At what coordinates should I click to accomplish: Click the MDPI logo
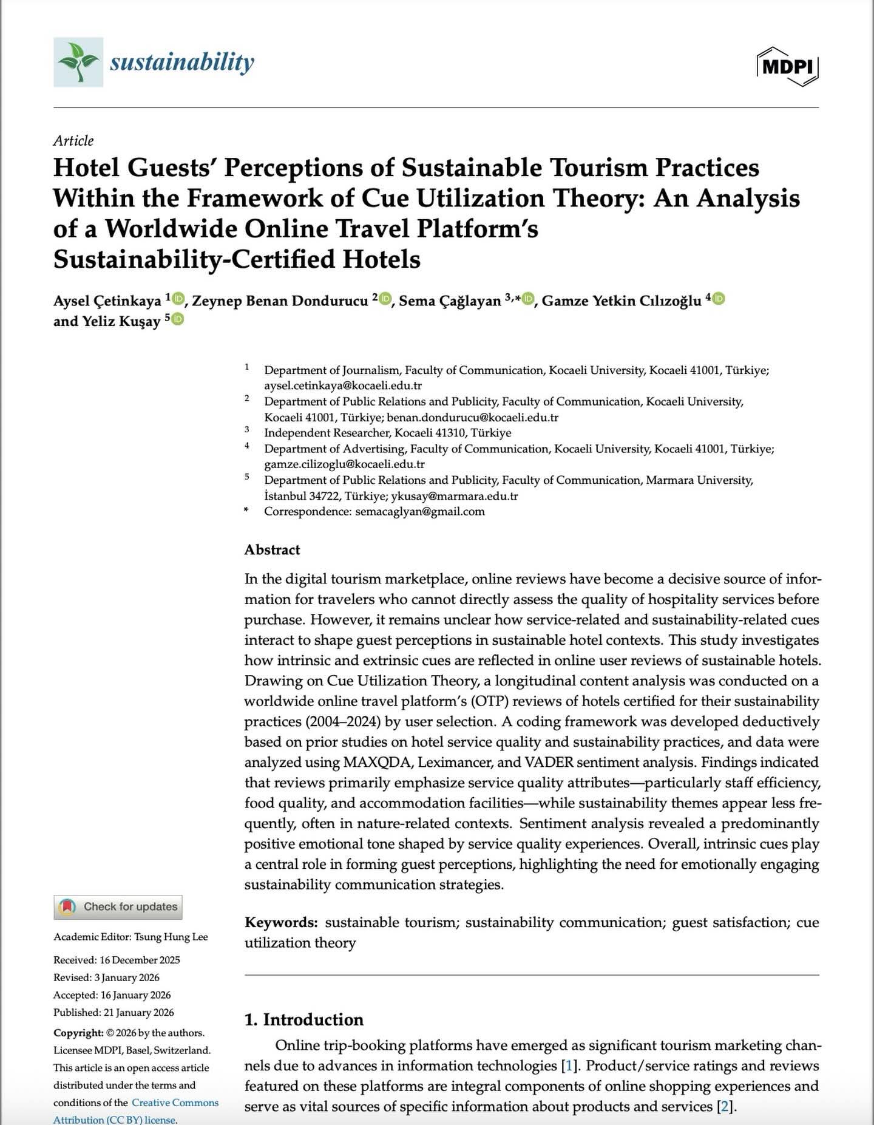787,66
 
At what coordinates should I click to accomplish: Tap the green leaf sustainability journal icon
78,62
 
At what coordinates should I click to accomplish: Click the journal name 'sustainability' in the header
181,62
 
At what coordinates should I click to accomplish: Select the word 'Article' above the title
73,141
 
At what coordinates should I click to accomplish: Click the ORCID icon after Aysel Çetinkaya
178,298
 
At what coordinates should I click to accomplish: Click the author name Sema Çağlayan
450,301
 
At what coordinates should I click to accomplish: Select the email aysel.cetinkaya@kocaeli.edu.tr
342,386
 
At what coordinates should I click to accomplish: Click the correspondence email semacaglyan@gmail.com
419,511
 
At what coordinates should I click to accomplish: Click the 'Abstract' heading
272,549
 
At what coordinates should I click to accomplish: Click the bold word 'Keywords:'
280,922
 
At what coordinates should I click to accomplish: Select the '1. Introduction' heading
303,1019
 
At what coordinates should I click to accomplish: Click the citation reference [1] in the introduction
568,1066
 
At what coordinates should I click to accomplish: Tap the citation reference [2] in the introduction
723,1106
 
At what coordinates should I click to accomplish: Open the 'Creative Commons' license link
175,1103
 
